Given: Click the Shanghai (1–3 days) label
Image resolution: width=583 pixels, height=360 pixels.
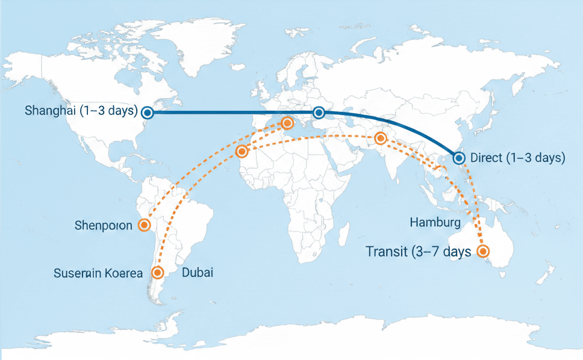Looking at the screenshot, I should (81, 111).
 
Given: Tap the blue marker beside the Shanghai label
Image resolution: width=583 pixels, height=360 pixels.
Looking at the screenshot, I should (148, 112).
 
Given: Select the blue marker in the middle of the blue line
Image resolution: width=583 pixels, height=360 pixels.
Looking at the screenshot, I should (319, 113).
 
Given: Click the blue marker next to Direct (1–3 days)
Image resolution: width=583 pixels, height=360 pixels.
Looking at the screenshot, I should (459, 158).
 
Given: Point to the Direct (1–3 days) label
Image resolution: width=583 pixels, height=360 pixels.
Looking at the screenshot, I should (517, 158).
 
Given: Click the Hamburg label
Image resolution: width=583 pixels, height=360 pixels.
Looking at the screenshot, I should (435, 223).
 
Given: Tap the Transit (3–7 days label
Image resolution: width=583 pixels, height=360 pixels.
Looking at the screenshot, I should (418, 252).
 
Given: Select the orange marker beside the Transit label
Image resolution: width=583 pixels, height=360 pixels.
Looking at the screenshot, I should (483, 251).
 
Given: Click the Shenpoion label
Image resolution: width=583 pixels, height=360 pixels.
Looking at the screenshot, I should (104, 226).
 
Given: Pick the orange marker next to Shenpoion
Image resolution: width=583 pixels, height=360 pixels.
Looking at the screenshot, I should (144, 225).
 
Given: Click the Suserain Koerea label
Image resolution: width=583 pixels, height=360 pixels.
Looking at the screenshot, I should (98, 273).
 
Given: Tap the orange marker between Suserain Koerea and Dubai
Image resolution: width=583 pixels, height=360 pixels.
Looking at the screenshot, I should (158, 273).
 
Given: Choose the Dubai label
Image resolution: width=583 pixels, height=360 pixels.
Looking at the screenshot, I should (197, 273).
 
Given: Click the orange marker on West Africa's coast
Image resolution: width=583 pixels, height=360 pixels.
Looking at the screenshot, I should (242, 151).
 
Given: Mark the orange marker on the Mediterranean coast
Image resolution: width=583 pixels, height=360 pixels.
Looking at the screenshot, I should (287, 123).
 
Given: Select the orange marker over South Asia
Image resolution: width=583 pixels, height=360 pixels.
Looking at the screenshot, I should (380, 138).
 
